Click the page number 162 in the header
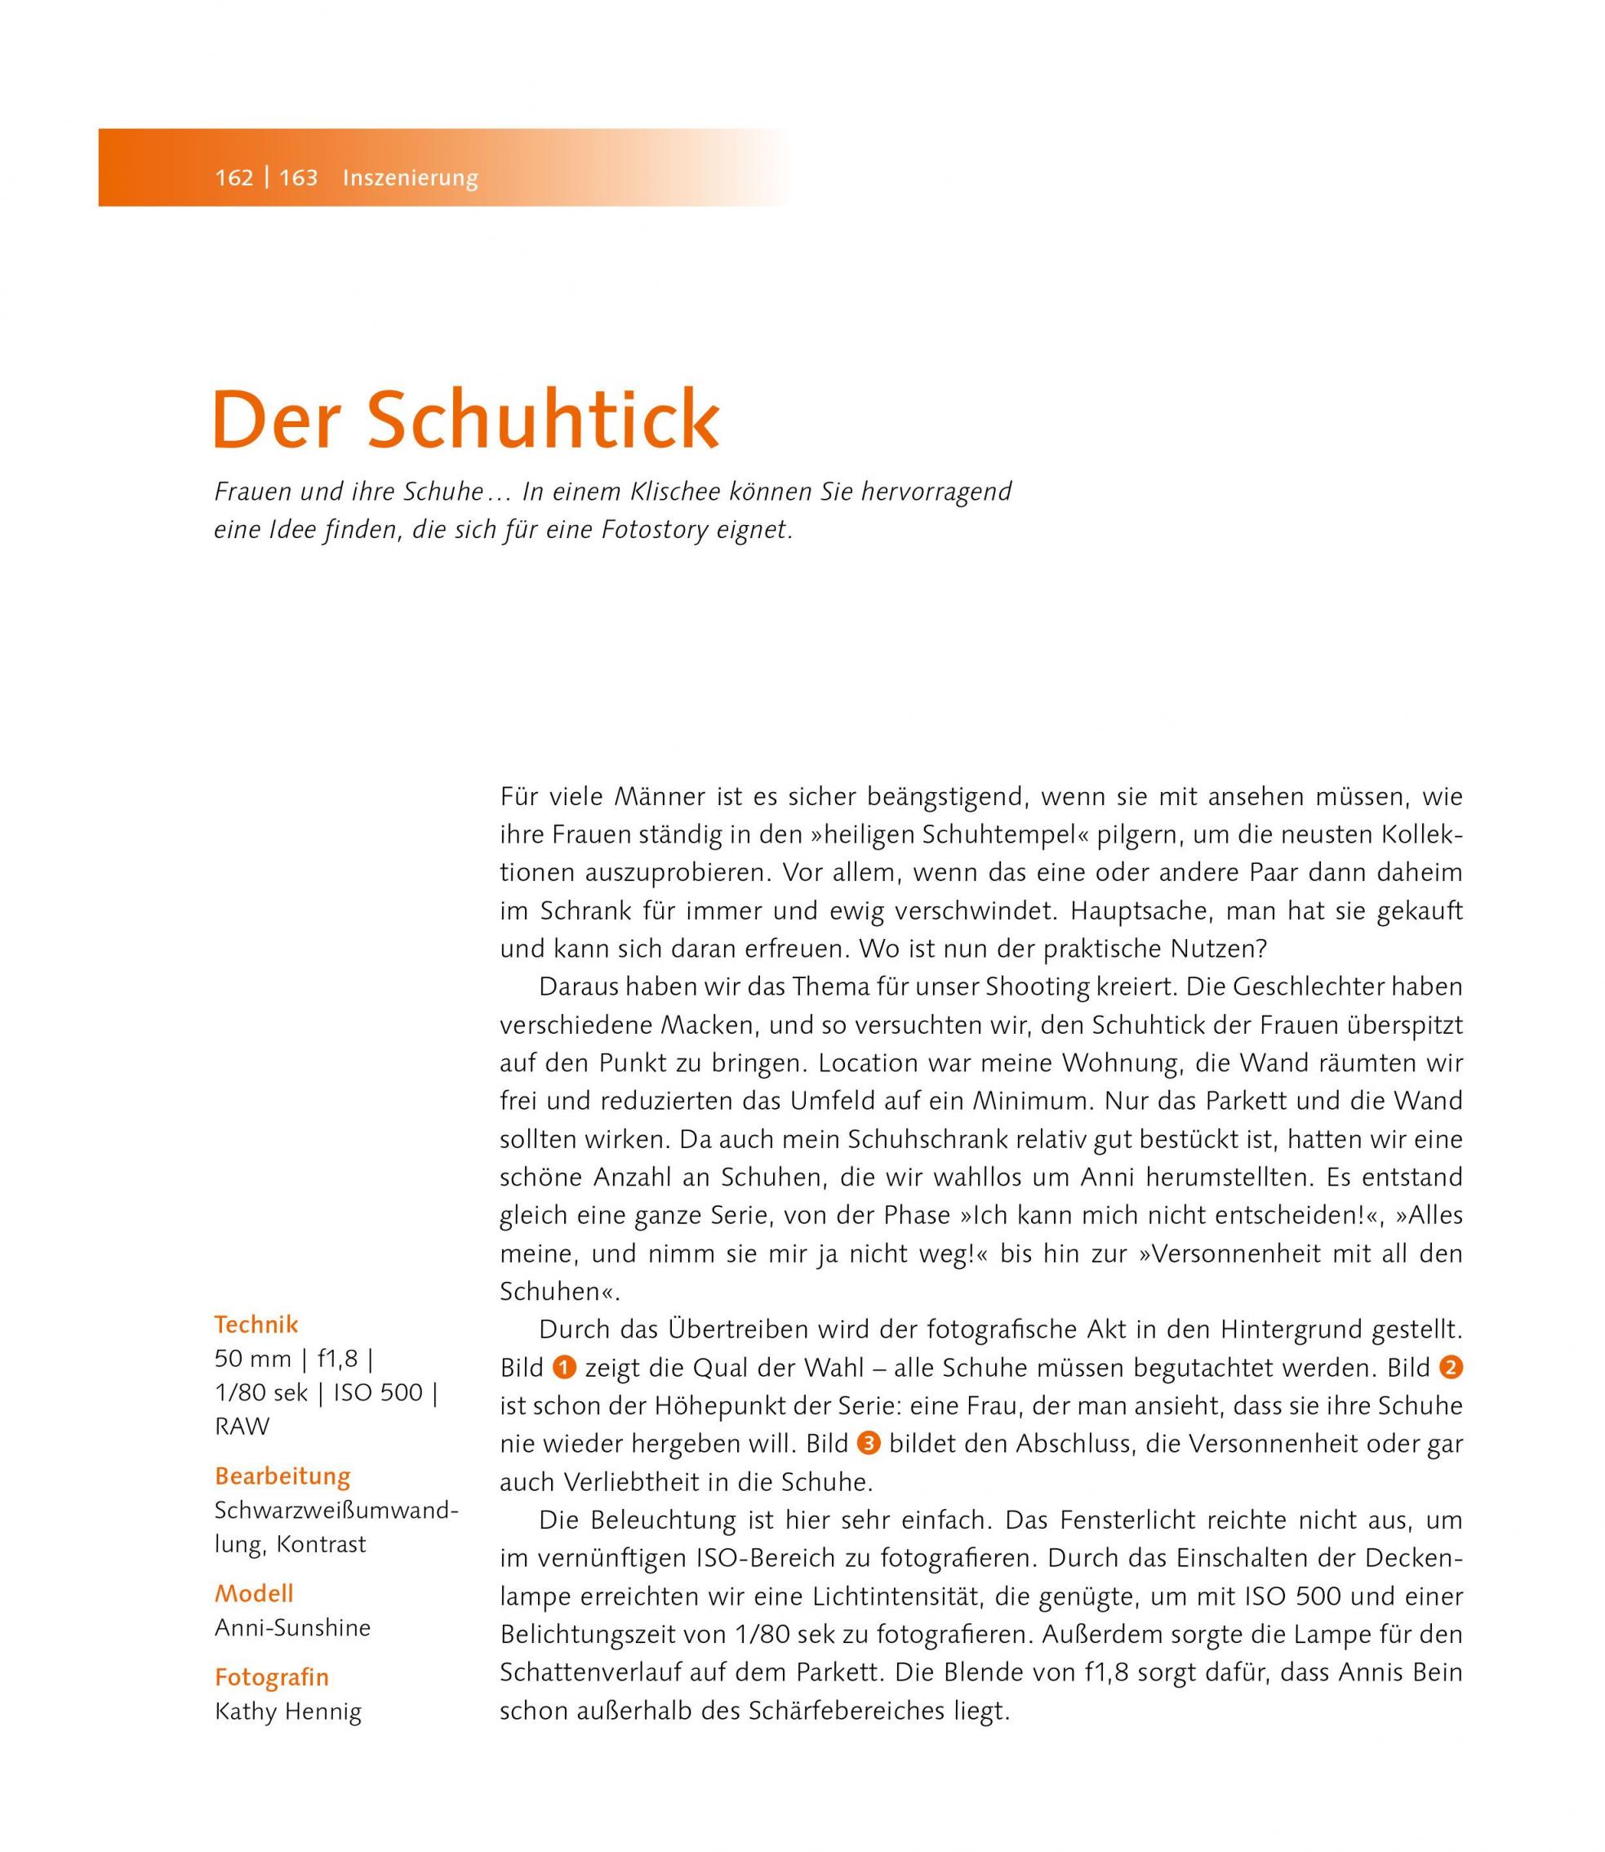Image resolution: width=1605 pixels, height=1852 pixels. [x=233, y=177]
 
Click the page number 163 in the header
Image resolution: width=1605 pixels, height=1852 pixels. [x=298, y=177]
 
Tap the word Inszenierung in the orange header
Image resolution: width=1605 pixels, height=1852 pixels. [x=410, y=177]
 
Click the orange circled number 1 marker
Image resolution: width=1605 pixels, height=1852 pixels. [x=564, y=1368]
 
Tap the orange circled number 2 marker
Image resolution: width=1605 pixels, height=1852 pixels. [x=1450, y=1368]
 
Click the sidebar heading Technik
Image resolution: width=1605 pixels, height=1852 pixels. [x=256, y=1324]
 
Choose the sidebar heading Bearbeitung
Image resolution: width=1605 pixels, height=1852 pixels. [x=282, y=1476]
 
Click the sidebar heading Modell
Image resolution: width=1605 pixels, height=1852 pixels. [x=253, y=1593]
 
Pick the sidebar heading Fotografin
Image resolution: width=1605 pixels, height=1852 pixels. [x=271, y=1676]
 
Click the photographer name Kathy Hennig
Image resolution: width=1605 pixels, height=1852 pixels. [x=287, y=1712]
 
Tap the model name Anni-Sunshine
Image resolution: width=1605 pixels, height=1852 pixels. [x=292, y=1627]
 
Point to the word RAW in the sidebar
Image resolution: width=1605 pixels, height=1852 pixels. [x=242, y=1426]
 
